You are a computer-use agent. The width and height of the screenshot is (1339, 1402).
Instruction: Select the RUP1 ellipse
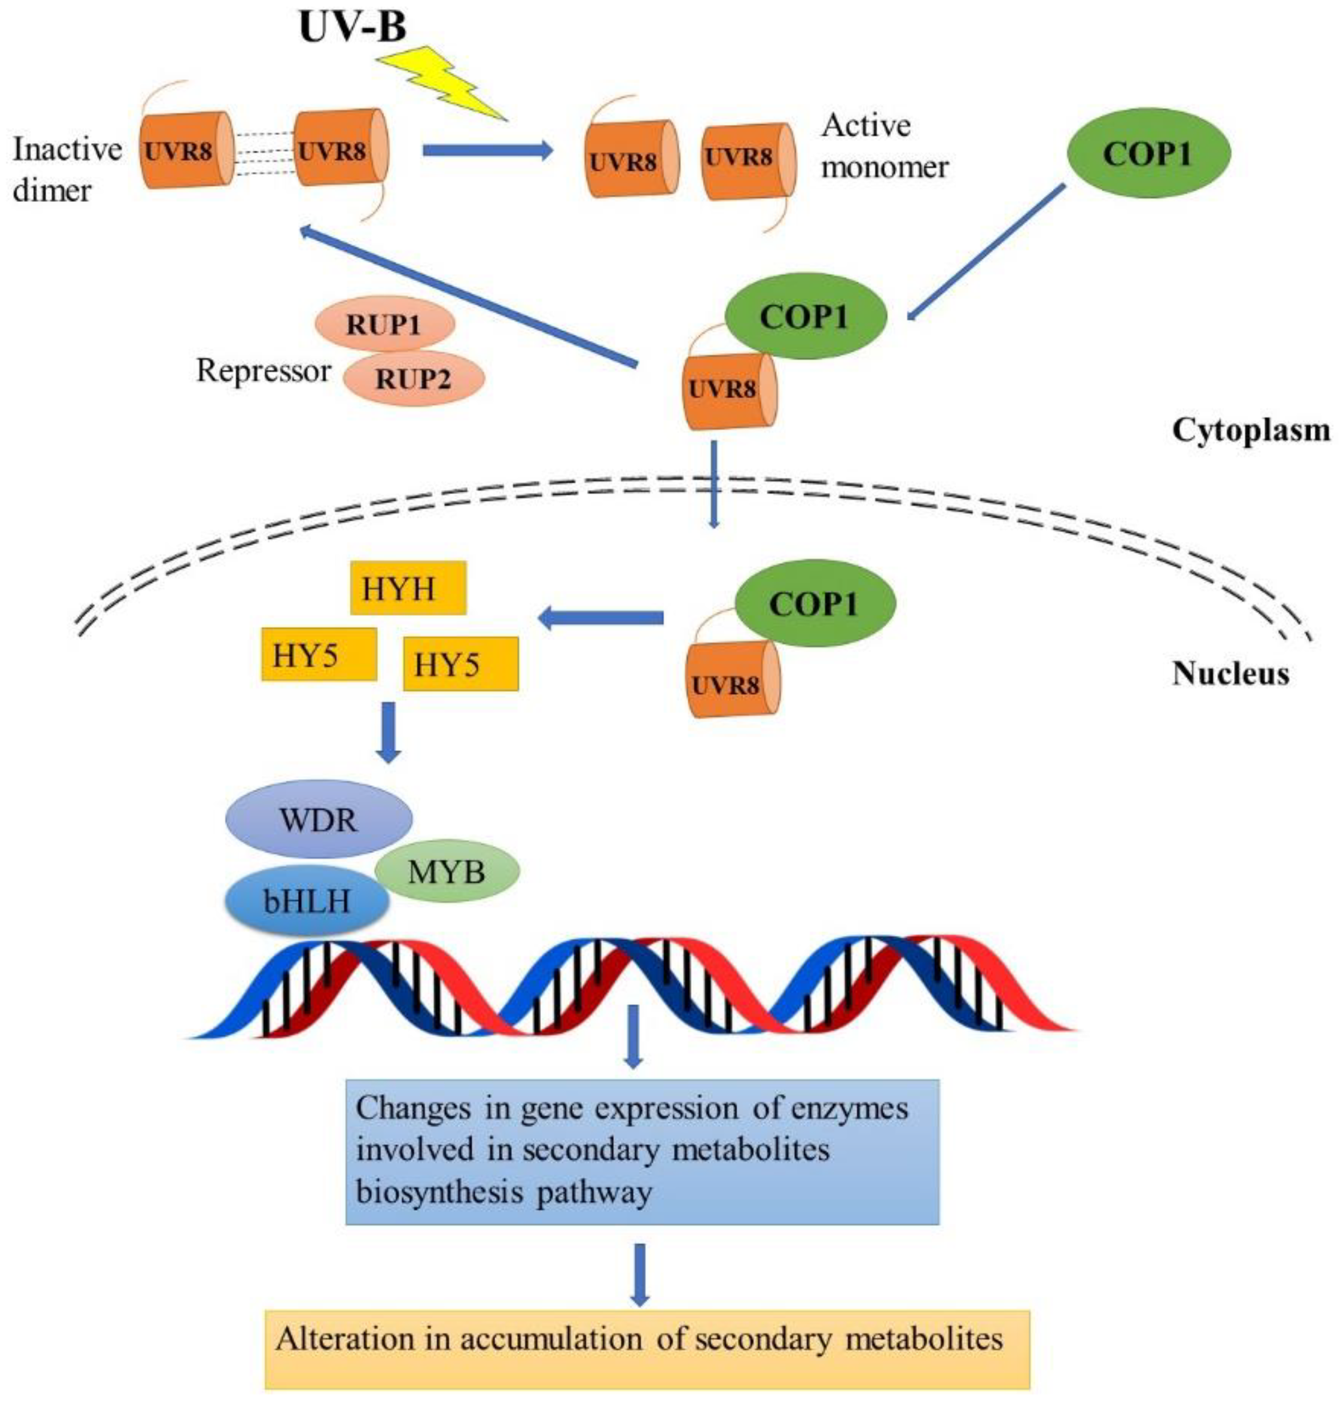(385, 325)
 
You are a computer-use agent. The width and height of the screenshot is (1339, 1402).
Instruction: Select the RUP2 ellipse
(414, 378)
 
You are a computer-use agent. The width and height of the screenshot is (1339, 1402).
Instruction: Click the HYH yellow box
(408, 588)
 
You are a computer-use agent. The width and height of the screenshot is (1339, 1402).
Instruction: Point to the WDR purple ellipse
(318, 819)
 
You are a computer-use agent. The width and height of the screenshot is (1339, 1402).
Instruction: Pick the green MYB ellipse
(447, 871)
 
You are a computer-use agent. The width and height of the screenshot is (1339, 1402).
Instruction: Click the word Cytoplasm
(1250, 431)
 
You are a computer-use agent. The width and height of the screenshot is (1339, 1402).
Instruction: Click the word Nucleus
(1230, 673)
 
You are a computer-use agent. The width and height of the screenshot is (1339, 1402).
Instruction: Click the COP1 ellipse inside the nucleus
(814, 604)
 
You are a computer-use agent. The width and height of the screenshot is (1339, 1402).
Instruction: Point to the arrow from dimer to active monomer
(487, 151)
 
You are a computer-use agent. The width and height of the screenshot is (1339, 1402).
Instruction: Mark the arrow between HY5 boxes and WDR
(389, 732)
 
